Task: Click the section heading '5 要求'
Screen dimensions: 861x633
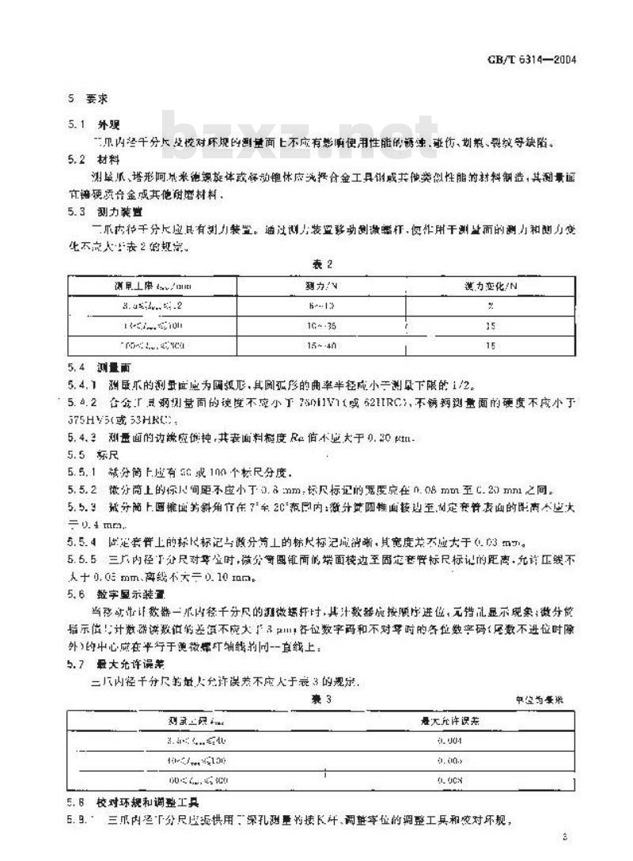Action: tap(81, 100)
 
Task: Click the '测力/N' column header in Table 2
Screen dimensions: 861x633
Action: tap(298, 283)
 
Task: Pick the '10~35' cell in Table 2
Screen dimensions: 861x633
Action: tap(298, 324)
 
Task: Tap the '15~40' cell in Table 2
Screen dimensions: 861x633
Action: tap(298, 346)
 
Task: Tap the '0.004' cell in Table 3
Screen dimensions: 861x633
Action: tap(449, 742)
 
